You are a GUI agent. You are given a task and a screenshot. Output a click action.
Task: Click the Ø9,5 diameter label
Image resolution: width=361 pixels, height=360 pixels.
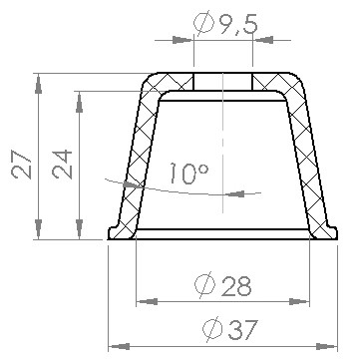click(225, 23)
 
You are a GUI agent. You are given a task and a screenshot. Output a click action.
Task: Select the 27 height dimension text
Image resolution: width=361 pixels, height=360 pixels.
click(21, 165)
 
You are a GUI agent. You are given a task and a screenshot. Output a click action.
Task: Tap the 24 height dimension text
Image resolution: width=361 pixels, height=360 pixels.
click(62, 165)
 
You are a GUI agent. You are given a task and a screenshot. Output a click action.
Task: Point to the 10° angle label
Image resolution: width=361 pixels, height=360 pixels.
click(188, 173)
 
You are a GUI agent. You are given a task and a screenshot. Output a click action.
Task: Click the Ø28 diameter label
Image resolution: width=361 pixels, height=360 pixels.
click(223, 285)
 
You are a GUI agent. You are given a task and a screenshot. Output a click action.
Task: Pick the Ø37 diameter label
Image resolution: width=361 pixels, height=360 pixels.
click(230, 329)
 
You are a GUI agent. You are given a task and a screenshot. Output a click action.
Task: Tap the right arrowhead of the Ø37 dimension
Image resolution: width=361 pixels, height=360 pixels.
click(326, 347)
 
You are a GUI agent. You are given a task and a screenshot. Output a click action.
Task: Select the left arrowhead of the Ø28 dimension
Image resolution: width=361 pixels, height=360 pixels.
click(147, 302)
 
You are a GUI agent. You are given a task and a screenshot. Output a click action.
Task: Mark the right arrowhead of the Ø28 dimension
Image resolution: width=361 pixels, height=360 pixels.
click(299, 302)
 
